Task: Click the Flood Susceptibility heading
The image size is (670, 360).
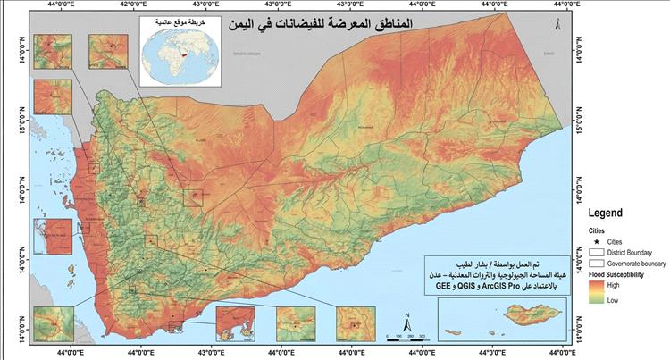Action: [x=625, y=276]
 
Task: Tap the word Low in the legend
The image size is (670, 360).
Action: [x=616, y=301]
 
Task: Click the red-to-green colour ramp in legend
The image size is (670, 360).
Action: [x=597, y=294]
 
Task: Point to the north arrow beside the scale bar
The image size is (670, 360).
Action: [x=406, y=321]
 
